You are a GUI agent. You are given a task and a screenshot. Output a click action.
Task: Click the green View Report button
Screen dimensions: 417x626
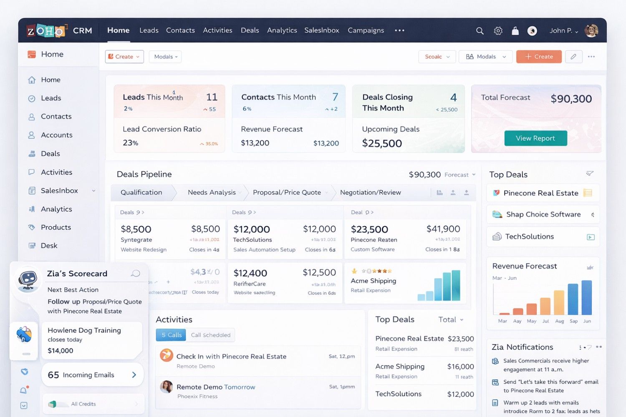point(535,138)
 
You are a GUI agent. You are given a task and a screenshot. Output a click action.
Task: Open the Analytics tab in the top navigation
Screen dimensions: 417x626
point(282,30)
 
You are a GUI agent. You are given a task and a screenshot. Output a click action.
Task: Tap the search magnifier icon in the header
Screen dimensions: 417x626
point(480,31)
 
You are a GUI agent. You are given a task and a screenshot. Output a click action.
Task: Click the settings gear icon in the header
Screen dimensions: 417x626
point(498,31)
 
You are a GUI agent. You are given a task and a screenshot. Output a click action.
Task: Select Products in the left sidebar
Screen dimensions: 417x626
point(56,227)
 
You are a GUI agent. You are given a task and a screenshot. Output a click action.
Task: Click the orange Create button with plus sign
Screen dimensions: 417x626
point(538,57)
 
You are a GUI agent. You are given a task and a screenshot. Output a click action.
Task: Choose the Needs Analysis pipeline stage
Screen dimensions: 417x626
point(212,192)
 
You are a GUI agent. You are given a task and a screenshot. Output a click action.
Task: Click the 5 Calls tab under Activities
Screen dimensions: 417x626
point(171,335)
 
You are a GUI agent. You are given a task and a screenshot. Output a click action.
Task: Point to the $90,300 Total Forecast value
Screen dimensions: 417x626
point(571,99)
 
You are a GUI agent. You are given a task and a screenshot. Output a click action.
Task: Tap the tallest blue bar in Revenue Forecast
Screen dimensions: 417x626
point(586,297)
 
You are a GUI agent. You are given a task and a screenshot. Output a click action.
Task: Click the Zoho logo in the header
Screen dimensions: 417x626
point(46,31)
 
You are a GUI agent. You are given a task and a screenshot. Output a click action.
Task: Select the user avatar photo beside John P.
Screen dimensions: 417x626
point(591,30)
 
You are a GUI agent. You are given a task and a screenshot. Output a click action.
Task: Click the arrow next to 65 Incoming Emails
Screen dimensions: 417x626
point(134,375)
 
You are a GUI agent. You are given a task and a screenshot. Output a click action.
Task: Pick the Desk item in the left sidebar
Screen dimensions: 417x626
point(49,246)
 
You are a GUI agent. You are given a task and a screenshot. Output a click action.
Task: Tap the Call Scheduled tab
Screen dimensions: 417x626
point(210,335)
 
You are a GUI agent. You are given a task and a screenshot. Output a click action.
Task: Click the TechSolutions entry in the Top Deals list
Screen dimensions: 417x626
point(529,236)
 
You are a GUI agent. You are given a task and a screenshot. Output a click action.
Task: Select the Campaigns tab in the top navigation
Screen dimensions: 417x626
point(366,30)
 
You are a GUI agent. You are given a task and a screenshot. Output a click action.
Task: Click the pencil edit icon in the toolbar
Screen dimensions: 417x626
point(573,57)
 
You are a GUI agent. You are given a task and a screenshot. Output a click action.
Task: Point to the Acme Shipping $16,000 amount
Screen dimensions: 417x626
point(460,367)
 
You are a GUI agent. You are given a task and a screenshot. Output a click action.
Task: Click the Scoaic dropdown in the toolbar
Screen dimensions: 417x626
point(437,57)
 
